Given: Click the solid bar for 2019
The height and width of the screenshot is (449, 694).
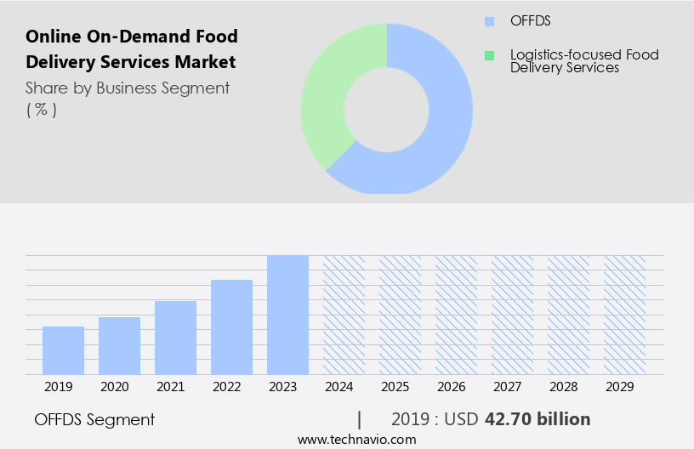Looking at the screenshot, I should point(63,350).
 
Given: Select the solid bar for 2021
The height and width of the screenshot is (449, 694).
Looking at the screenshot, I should point(175,338).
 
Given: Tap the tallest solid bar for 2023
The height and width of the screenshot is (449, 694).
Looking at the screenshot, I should point(287,315).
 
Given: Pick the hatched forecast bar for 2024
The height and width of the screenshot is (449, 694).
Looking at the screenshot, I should point(344,315).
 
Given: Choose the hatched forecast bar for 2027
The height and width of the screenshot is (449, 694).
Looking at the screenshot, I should point(512,315).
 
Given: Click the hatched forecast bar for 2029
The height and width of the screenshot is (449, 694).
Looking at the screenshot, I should point(624,315).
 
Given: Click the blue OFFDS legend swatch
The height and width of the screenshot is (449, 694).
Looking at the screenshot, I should point(488,21).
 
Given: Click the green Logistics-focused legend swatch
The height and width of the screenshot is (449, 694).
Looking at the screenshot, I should point(488,55).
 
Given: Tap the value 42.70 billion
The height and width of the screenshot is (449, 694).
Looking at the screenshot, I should point(537,419).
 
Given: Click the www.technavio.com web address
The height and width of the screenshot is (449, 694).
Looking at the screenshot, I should point(356,439).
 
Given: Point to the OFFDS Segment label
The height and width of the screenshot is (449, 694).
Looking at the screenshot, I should point(94,419).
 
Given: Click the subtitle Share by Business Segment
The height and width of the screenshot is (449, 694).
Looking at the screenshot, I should point(128,88).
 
